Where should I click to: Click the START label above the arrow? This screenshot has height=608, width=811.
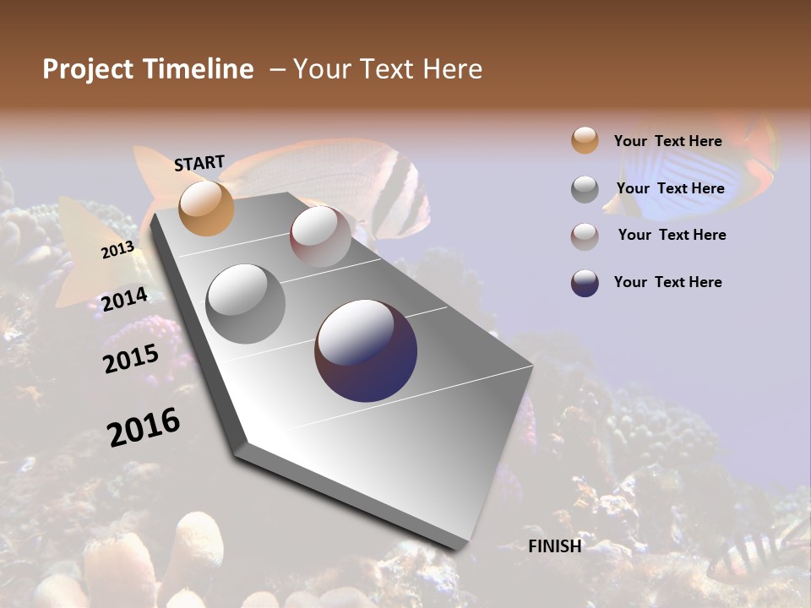click(x=199, y=163)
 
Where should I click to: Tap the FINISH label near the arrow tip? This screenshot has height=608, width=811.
click(x=555, y=546)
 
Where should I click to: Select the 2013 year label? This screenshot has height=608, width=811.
click(x=117, y=249)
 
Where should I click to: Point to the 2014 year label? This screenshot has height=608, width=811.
click(x=125, y=300)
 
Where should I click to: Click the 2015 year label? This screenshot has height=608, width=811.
click(x=131, y=358)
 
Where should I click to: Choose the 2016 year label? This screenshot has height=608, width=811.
click(x=144, y=426)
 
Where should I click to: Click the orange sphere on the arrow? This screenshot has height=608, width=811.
click(x=206, y=208)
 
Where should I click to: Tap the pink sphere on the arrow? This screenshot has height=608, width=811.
click(x=320, y=236)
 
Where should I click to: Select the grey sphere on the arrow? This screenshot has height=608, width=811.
click(x=246, y=303)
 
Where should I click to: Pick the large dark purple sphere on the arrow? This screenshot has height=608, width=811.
click(x=366, y=350)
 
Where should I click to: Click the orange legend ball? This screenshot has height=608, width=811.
click(x=585, y=141)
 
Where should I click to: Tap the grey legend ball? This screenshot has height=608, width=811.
click(x=585, y=189)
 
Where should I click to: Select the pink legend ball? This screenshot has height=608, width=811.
click(x=585, y=236)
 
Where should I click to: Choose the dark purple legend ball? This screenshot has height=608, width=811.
click(x=585, y=283)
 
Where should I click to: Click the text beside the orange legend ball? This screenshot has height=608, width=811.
click(x=667, y=141)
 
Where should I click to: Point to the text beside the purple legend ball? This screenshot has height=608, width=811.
click(x=667, y=282)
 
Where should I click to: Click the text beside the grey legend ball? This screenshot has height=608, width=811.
click(x=670, y=188)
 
